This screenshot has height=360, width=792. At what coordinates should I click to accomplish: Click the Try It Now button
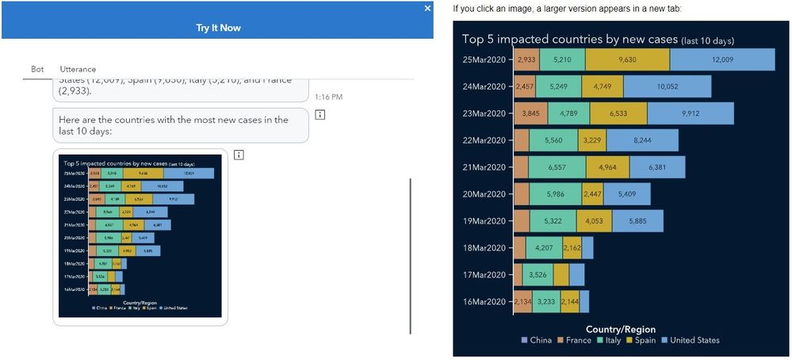coord(218,28)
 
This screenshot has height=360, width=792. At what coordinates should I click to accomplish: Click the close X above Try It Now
coord(428,8)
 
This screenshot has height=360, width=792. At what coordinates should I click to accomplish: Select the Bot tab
coord(37,70)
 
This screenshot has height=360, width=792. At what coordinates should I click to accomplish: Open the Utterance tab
coord(78,70)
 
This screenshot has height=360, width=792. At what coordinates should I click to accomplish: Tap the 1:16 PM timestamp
coord(328,97)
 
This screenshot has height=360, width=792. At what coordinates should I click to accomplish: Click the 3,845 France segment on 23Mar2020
coord(530,113)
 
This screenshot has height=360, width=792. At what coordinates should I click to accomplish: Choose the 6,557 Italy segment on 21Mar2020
coord(557,167)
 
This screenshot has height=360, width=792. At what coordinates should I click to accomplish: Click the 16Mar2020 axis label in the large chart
coord(483,302)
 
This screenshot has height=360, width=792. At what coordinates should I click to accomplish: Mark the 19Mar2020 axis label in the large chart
coord(483,221)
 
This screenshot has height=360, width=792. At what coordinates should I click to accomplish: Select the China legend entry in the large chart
coord(536,340)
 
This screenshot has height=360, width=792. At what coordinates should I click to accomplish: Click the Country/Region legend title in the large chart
coord(620,329)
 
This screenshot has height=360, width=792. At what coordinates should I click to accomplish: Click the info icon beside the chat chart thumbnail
coord(239,155)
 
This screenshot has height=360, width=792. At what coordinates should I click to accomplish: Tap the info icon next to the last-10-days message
coord(319,115)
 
